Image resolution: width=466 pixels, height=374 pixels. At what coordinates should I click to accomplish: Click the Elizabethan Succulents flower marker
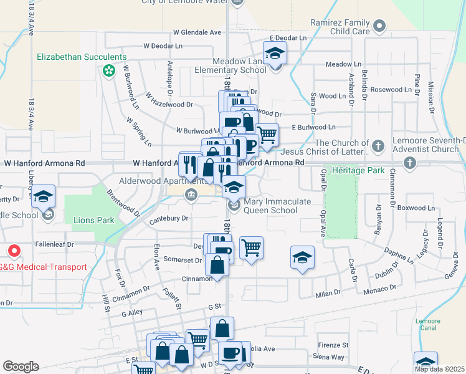pos(109,70)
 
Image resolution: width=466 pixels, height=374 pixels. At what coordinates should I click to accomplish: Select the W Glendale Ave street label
pos(197,32)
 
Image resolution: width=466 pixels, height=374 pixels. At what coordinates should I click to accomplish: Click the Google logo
pos(21,367)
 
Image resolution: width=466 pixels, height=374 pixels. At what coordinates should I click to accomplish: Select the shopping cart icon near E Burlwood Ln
pos(267,134)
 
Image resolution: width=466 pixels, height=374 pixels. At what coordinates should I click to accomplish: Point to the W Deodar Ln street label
pos(163,46)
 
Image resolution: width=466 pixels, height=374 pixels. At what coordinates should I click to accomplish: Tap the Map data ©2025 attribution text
pos(439,369)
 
